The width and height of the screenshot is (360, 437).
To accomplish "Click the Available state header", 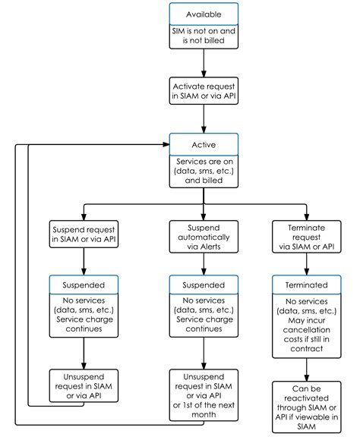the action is [x=204, y=14].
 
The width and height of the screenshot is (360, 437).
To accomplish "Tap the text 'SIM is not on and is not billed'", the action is [x=204, y=36].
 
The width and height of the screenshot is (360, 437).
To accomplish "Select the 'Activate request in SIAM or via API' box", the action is [x=204, y=91].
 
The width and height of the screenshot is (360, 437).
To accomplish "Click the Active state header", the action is [x=204, y=144].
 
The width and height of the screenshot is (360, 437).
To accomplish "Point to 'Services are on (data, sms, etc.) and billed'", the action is [x=204, y=171].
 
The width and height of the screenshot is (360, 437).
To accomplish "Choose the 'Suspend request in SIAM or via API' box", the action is [x=84, y=234].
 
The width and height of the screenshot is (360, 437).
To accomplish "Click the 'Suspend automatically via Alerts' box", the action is [x=204, y=237].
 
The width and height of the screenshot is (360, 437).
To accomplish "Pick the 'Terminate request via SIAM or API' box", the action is [x=306, y=237].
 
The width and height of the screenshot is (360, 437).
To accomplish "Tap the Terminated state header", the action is [x=306, y=285].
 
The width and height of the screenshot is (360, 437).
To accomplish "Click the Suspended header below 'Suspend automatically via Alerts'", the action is [x=204, y=285].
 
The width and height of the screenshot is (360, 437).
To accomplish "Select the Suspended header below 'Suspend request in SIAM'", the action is [x=84, y=285].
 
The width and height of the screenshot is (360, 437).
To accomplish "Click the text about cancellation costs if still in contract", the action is [x=306, y=335].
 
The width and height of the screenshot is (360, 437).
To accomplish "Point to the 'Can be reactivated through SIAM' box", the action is [x=306, y=407].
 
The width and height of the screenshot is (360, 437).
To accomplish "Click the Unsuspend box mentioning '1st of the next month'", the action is [x=204, y=395].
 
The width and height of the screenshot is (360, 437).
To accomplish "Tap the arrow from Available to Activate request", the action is [x=204, y=63].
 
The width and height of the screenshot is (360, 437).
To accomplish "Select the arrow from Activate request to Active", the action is [x=204, y=119].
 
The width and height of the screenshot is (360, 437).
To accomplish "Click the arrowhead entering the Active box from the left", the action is [x=166, y=144].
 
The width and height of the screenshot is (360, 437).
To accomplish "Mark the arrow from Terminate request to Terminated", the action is [x=306, y=264].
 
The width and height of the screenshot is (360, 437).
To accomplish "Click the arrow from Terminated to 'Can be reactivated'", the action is [x=306, y=369].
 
